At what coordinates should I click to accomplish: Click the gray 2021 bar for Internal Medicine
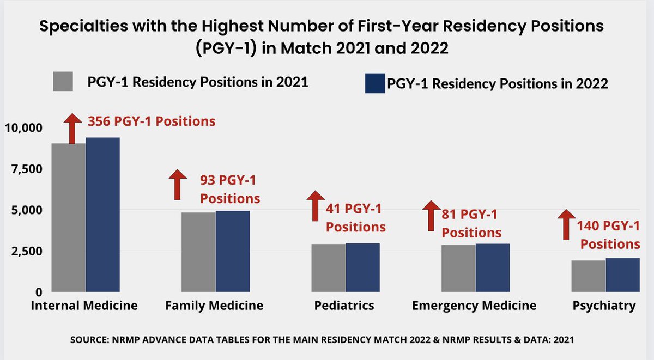pos(68,217)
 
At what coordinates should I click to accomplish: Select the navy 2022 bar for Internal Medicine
pos(102,215)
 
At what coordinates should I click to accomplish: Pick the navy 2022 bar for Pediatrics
pos(362,267)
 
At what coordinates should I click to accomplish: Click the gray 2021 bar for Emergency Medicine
pos(458,268)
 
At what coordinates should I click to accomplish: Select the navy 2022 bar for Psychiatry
pos(622,274)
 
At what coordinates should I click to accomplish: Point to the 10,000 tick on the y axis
pos(23,128)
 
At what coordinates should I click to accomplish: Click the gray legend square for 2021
pos(63,82)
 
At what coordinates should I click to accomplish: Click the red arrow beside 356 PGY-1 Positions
pos(71,128)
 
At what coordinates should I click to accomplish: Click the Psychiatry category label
pos(604,306)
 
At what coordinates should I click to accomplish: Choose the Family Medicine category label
pos(214,306)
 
